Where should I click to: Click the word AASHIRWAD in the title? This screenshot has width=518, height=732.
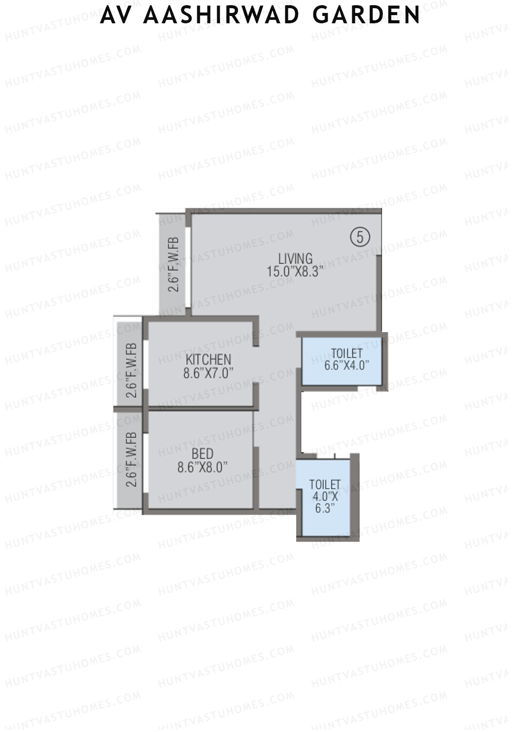pos(221,15)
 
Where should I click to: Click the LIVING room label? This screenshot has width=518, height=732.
pos(295,259)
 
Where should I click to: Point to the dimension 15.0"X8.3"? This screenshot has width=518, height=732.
pos(295,272)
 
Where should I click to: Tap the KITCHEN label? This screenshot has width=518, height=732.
pos(208,359)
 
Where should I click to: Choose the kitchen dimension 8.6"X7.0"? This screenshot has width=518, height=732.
pos(208,373)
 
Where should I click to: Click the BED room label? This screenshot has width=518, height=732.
pos(202,454)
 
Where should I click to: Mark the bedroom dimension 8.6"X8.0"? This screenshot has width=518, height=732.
pos(202,467)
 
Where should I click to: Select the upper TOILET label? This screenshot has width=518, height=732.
pos(347,353)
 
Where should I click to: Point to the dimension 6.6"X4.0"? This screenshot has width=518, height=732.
pos(347,366)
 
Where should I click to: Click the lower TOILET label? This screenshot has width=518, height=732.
pos(325,484)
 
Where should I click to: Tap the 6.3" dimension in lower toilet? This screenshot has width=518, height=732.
pos(325,508)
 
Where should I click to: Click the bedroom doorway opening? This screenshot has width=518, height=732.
pos(256,428)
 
